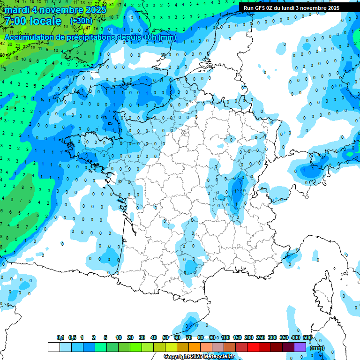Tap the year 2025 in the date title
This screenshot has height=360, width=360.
coord(94,10)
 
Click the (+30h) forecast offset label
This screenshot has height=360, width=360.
coord(81,21)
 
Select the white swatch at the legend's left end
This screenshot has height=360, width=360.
coord(53,347)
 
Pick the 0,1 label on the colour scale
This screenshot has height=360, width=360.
coord(60,337)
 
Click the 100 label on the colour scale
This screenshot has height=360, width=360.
coord(225,337)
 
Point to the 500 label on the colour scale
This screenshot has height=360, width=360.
coord(307,337)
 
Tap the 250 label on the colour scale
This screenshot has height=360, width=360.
coord(261,337)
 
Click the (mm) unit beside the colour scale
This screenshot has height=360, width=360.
coord(317,348)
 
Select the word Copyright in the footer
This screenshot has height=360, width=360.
coord(177,357)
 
